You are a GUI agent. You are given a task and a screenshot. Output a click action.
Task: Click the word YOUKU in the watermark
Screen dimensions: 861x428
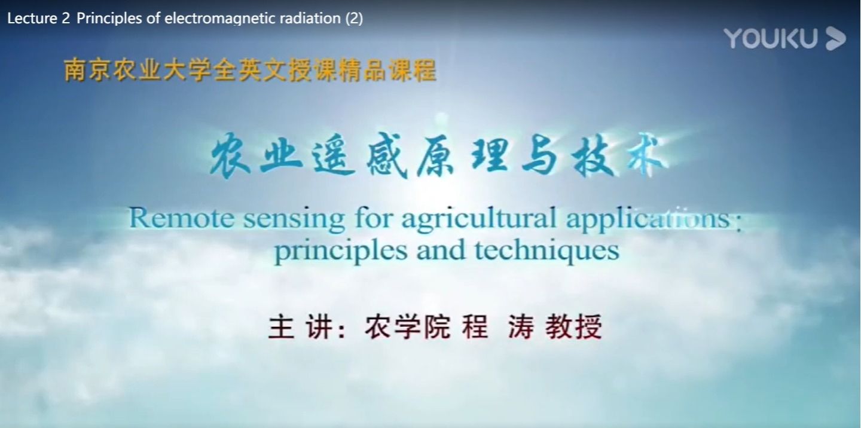[771, 38]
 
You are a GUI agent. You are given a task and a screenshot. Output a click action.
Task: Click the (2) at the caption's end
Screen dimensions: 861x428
[354, 19]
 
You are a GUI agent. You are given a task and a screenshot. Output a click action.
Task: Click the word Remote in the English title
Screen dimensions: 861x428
[181, 218]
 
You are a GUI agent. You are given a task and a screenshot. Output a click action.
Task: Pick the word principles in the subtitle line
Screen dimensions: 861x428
[341, 252]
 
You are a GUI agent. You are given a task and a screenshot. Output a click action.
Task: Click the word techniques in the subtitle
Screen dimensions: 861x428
[547, 252]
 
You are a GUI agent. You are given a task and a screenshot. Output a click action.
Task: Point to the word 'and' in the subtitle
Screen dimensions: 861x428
[441, 250]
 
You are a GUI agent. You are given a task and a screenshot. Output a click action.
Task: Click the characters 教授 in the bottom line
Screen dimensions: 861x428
[573, 328]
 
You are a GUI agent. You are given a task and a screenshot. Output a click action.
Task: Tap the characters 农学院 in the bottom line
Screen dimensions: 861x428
[407, 328]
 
